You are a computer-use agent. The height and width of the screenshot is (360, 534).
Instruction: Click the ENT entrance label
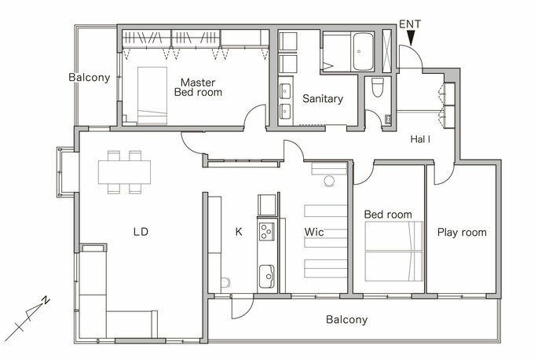(410, 24)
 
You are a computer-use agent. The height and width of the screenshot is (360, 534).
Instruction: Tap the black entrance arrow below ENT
(411, 38)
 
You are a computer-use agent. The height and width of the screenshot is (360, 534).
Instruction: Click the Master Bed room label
(198, 87)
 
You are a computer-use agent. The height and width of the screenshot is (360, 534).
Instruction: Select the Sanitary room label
(323, 98)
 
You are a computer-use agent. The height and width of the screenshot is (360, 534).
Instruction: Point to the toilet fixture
(378, 87)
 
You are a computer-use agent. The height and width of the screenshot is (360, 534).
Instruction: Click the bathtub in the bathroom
(363, 51)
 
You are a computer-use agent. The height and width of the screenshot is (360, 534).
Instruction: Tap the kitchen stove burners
(267, 231)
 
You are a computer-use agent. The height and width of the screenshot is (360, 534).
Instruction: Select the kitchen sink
(266, 277)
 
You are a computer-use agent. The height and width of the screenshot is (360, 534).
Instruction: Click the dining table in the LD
(125, 172)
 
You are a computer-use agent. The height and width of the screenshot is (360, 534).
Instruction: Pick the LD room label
(141, 232)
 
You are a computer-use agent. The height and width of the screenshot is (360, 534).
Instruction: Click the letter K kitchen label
(239, 232)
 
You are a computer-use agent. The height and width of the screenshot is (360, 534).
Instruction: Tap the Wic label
(314, 232)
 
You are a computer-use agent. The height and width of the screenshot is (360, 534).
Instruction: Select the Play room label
(462, 233)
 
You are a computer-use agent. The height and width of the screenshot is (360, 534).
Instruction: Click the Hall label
(420, 139)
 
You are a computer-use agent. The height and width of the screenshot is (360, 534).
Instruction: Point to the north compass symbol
(28, 319)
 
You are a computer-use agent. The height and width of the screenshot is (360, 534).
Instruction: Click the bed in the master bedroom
(152, 96)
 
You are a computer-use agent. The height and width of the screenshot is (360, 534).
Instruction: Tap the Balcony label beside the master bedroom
(90, 78)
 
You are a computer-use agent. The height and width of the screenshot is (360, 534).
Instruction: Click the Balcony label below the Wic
(346, 320)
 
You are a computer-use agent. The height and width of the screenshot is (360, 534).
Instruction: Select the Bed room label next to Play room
(388, 215)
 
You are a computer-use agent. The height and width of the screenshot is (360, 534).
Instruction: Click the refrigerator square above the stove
(267, 205)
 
